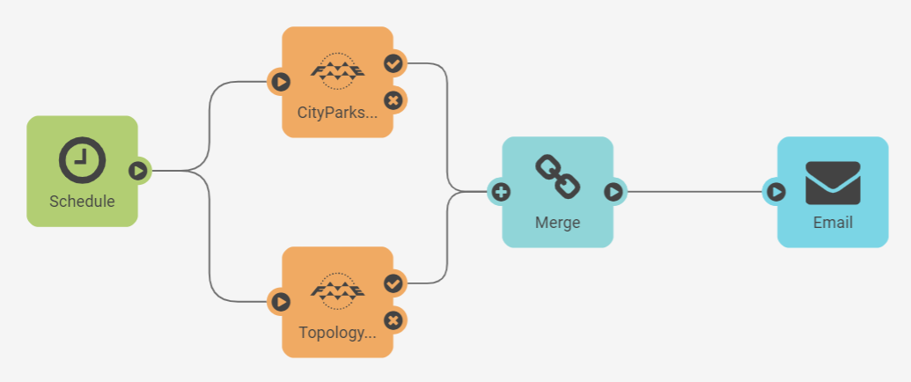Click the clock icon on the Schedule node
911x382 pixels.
coord(82,160)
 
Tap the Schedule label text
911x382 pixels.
coord(82,202)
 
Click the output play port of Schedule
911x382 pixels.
coord(138,170)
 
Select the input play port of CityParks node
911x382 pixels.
coord(280,82)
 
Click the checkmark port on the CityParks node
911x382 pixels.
coord(393,63)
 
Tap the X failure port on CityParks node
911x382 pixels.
coord(393,100)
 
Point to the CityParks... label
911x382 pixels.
coord(337,113)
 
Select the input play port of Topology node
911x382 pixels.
coord(280,302)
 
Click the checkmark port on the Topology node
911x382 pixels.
coord(393,283)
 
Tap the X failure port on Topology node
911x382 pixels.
coord(393,320)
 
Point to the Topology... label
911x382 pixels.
coord(337,333)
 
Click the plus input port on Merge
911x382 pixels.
coord(501,191)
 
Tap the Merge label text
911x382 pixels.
coord(558,223)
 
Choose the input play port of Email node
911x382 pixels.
coord(775,191)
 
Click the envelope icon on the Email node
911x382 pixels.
coord(833,182)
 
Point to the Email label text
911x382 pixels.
coord(833,223)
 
